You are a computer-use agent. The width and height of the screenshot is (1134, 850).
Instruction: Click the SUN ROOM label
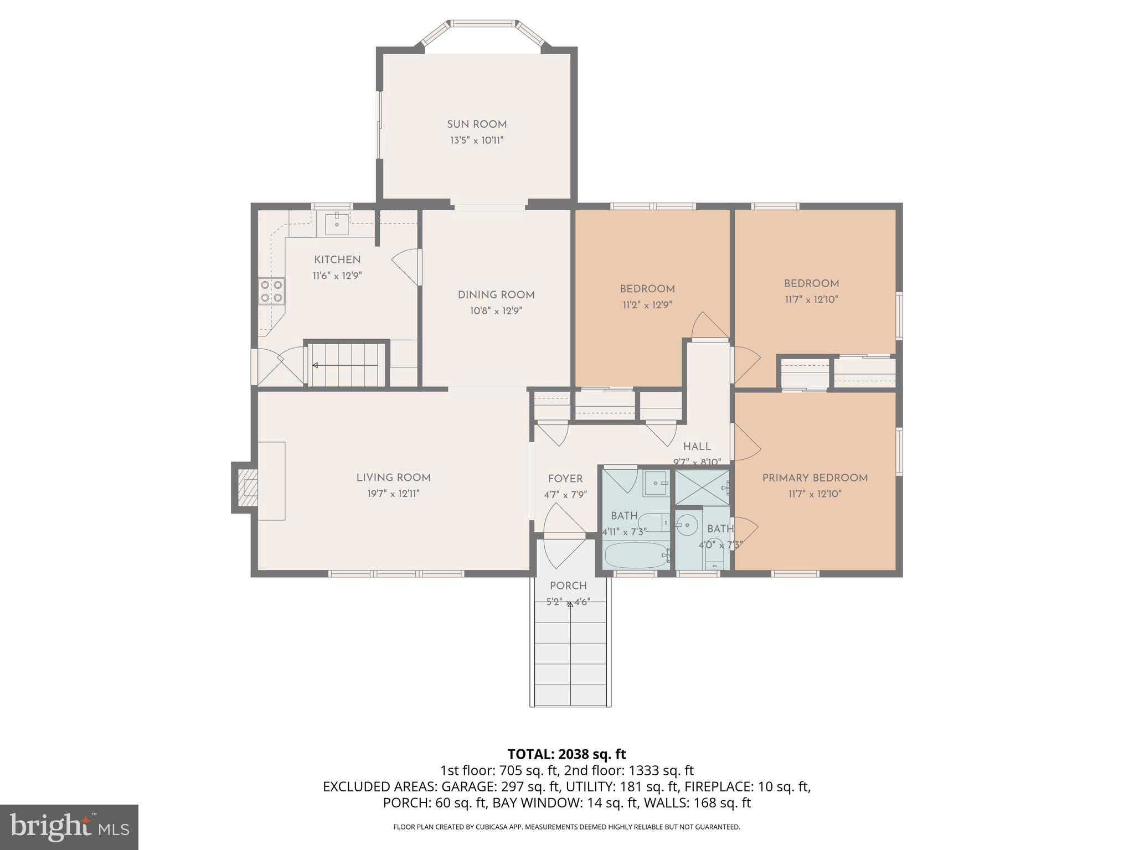click(x=477, y=125)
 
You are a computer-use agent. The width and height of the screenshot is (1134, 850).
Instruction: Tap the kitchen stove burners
click(x=271, y=291)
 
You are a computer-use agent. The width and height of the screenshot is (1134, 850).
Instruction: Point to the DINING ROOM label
click(x=496, y=295)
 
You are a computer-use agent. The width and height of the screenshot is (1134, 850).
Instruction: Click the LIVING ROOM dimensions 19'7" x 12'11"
click(x=393, y=494)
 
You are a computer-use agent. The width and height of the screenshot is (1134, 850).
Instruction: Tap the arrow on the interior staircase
click(x=316, y=365)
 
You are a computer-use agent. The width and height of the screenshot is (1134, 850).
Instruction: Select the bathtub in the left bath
click(x=636, y=555)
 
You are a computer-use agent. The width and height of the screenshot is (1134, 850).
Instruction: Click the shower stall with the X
click(x=702, y=487)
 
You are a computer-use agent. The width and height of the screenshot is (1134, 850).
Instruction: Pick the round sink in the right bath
click(x=687, y=524)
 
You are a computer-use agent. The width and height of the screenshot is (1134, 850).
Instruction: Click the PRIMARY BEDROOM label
click(x=815, y=478)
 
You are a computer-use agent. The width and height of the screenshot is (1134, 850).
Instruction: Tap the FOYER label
click(x=565, y=479)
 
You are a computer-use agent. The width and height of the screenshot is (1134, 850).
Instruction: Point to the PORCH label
click(x=568, y=586)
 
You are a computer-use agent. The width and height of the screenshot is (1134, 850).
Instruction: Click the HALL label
click(x=697, y=447)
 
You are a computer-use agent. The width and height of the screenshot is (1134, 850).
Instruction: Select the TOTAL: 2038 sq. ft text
click(x=566, y=754)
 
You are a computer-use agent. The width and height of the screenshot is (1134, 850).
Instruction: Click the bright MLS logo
click(x=69, y=827)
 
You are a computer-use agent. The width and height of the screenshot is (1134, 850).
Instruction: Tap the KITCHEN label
click(x=337, y=260)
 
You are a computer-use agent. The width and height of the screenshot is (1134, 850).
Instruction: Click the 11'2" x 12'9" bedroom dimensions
click(x=647, y=304)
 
